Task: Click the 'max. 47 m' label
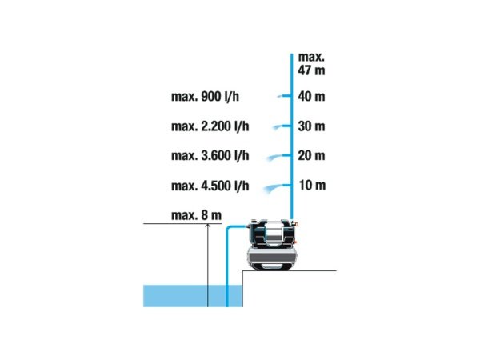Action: pyautogui.click(x=311, y=64)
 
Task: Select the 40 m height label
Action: pyautogui.click(x=311, y=97)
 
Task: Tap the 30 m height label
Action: pyautogui.click(x=311, y=126)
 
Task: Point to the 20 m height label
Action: pyautogui.click(x=311, y=155)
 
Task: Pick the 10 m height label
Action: pyautogui.click(x=312, y=186)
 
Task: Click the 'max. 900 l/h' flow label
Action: pyautogui.click(x=205, y=97)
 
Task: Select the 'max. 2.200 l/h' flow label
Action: pyautogui.click(x=210, y=126)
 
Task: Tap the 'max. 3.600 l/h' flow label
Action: pyautogui.click(x=210, y=155)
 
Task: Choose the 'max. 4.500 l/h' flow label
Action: pyautogui.click(x=210, y=186)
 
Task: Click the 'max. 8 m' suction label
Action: pyautogui.click(x=196, y=215)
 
